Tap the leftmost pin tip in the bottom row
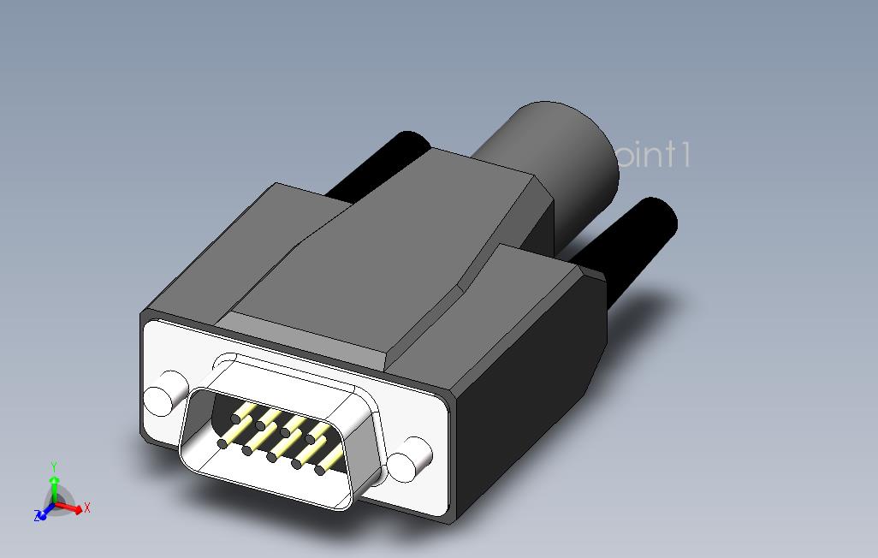pos(222,443)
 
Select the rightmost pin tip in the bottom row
pos(320,470)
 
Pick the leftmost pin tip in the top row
pos(236,418)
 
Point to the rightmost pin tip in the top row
pos(310,439)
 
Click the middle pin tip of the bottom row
pos(271,457)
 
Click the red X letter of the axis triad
pos(87,508)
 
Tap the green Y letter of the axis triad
pos(54,466)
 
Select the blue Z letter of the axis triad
pos(37,516)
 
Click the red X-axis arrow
pos(73,509)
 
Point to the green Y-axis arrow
pos(54,488)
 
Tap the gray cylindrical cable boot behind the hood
pos(565,154)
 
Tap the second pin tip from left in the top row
pos(260,425)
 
